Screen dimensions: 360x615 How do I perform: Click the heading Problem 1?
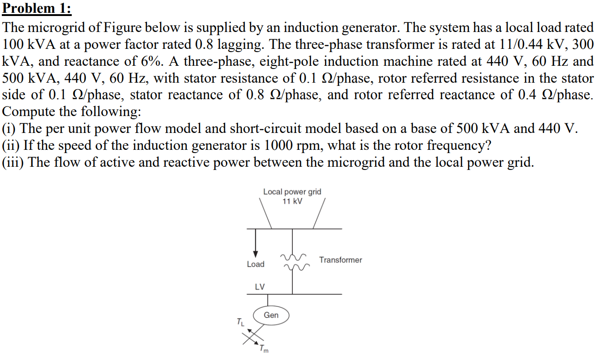click(x=37, y=9)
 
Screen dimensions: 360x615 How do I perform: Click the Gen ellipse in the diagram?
click(x=271, y=315)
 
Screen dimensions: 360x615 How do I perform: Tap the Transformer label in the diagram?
click(x=340, y=260)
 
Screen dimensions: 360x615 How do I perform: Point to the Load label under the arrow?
click(x=255, y=264)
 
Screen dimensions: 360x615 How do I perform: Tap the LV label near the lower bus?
click(x=260, y=287)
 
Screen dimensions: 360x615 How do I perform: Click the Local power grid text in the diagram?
click(x=292, y=192)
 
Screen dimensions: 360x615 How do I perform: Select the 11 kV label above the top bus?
click(x=292, y=201)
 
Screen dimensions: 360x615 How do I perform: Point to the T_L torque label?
click(x=240, y=322)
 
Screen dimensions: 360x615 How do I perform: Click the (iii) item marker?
click(x=14, y=163)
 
